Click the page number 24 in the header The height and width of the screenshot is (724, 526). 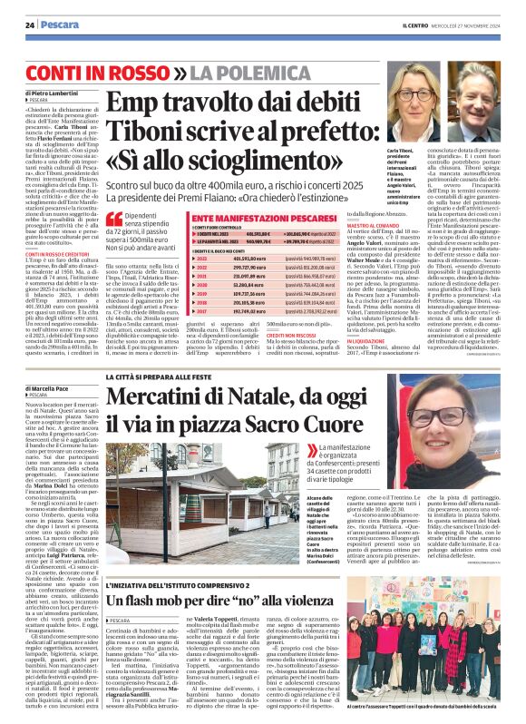30,24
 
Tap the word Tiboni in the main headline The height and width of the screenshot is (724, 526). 146,135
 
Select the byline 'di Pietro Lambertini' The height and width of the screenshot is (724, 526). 53,93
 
